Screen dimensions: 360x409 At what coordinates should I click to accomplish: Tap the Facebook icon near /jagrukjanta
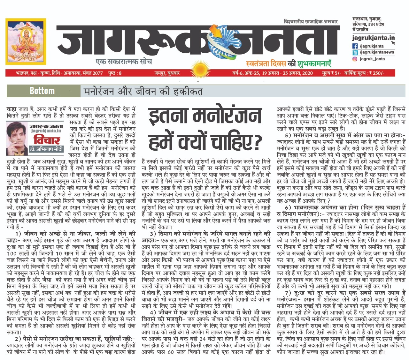point(355,46)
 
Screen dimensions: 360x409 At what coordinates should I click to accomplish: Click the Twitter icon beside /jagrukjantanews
point(355,52)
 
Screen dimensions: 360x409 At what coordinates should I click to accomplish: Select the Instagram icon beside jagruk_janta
point(355,59)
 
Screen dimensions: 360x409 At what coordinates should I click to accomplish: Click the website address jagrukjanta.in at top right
point(373,38)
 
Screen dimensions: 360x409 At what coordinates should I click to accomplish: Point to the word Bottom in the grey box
point(42,91)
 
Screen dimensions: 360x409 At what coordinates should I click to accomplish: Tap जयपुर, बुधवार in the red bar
point(167,73)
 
